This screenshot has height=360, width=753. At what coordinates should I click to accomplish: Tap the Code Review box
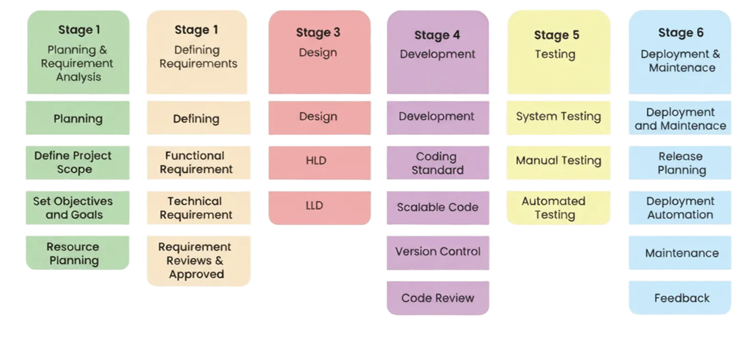tap(438, 298)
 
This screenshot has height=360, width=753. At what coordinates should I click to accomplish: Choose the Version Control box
tap(438, 252)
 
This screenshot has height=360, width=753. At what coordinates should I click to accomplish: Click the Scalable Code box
tap(438, 207)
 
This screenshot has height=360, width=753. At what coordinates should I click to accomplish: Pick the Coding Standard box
tap(438, 163)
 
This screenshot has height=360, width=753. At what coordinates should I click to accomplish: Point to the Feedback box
tap(681, 298)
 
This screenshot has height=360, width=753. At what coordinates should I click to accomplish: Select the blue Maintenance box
tap(681, 253)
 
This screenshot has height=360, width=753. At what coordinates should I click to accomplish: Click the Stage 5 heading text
tap(557, 35)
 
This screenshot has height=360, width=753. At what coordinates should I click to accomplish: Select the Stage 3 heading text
tap(318, 33)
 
